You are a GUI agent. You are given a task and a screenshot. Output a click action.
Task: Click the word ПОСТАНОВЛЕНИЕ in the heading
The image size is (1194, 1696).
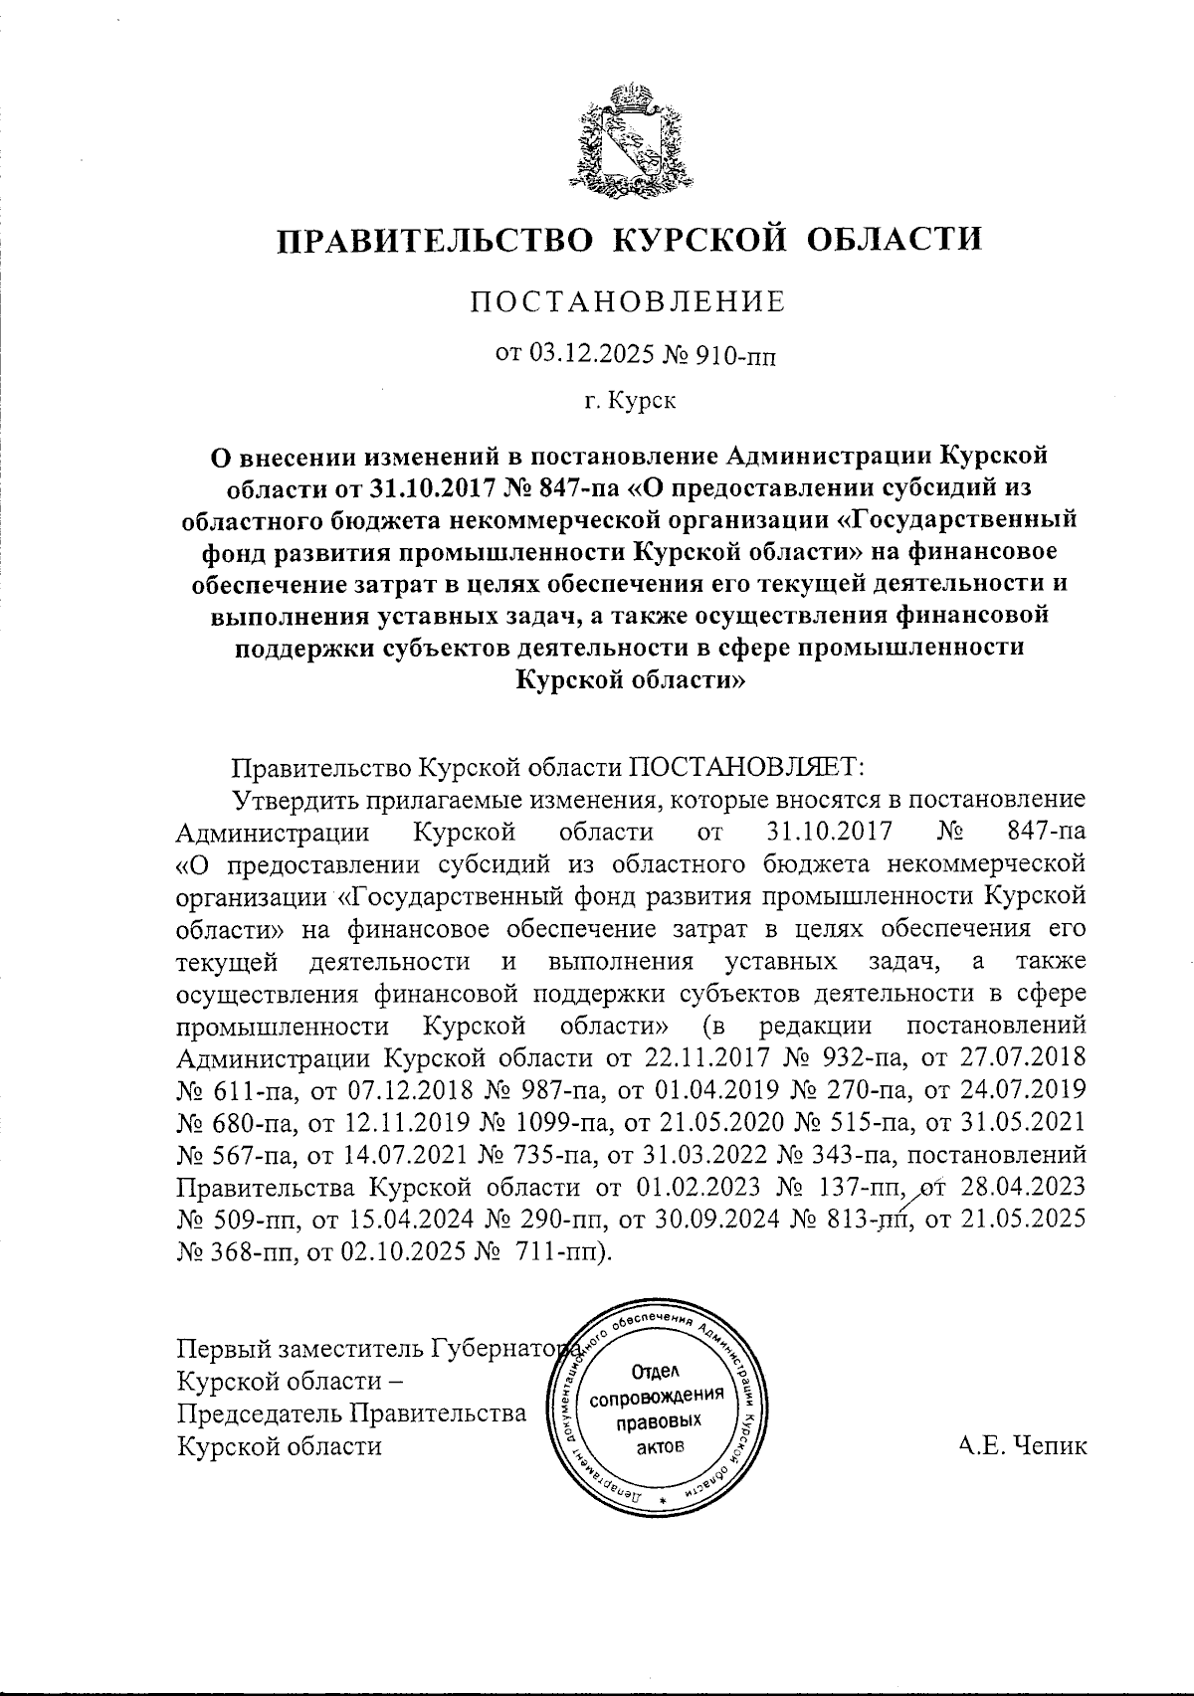click(627, 301)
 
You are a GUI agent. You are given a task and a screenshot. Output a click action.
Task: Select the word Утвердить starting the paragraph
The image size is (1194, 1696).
click(297, 800)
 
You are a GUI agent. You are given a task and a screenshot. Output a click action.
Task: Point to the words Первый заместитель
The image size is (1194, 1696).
click(300, 1349)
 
